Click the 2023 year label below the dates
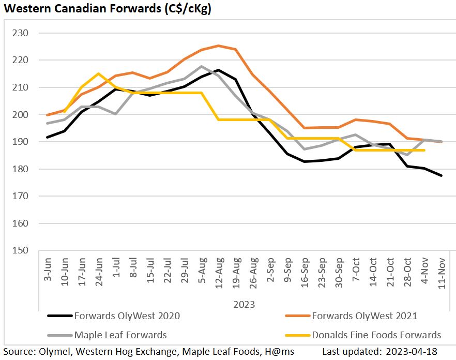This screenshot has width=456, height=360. [x=244, y=304]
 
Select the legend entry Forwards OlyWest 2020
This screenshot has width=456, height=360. [x=127, y=316]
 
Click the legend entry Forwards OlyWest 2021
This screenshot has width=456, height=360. [x=364, y=316]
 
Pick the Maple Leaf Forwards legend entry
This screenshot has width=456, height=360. [x=120, y=335]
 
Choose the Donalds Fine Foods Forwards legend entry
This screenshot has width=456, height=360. [x=376, y=335]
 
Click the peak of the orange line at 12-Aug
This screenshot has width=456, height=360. [x=218, y=46]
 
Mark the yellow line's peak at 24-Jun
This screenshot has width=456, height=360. [x=99, y=73]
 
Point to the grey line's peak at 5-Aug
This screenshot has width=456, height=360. [x=201, y=66]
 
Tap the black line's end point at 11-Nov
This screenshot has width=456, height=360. [x=442, y=176]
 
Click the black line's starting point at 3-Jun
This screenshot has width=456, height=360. [x=48, y=137]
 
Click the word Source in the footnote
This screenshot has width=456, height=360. [x=18, y=352]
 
